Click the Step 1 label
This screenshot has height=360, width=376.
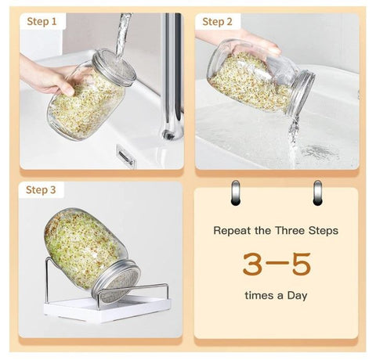pyautogui.click(x=42, y=21)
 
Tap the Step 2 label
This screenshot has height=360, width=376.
pyautogui.click(x=217, y=22)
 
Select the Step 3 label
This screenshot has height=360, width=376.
pyautogui.click(x=41, y=189)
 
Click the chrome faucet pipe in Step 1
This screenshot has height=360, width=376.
pyautogui.click(x=172, y=76)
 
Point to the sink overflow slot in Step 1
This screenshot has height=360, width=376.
pyautogui.click(x=126, y=156)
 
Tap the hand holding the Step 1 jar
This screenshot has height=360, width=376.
pyautogui.click(x=49, y=77)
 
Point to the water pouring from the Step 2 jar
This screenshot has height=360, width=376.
pyautogui.click(x=294, y=141)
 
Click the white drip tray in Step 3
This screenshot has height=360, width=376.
pyautogui.click(x=107, y=309)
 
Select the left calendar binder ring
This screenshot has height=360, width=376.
pyautogui.click(x=235, y=193)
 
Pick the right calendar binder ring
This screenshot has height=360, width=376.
pyautogui.click(x=317, y=193)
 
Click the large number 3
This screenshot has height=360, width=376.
pyautogui.click(x=252, y=264)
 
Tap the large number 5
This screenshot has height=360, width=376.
pyautogui.click(x=302, y=264)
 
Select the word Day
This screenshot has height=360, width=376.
pyautogui.click(x=297, y=296)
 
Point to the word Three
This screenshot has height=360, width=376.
pyautogui.click(x=290, y=230)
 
